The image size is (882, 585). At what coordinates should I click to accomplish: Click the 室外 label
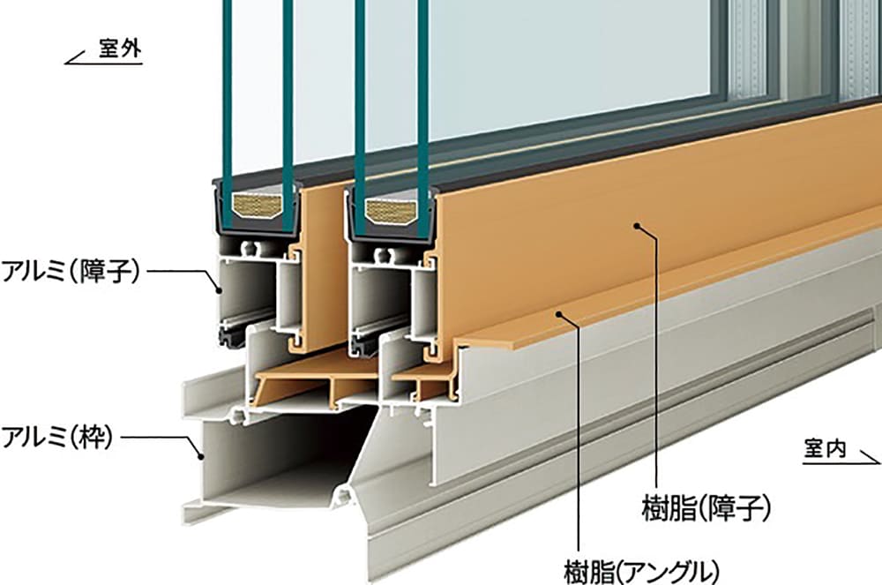coord(120,49)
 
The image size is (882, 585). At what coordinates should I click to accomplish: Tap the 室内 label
coord(826,449)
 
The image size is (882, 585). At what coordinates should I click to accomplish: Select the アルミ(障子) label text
coord(71,272)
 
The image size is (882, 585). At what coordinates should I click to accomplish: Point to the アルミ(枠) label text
coord(57,438)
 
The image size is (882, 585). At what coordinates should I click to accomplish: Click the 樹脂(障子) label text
coord(706,508)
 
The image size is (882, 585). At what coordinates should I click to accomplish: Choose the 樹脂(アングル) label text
coord(642,571)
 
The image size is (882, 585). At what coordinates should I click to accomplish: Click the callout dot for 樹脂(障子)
coord(638,226)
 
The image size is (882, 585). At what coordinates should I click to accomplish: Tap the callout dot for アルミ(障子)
coord(220,290)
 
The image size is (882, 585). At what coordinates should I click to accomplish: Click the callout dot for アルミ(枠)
coord(199,456)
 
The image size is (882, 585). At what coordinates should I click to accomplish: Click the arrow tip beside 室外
coord(66,63)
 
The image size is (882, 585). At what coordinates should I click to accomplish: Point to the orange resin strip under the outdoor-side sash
coord(315,383)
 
